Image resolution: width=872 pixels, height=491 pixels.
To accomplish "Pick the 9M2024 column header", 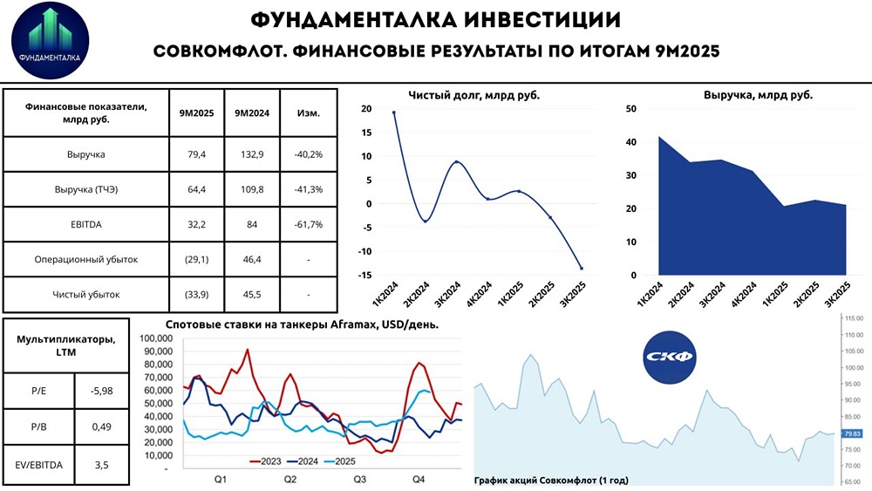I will [252, 113].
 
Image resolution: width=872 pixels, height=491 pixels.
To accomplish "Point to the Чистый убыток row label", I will [86, 294].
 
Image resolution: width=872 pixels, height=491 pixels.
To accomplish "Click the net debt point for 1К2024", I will [394, 113].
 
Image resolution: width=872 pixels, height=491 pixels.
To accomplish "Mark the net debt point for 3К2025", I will [582, 268].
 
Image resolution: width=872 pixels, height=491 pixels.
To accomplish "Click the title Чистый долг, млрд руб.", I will [473, 96].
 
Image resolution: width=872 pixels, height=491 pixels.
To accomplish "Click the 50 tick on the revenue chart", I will [631, 109].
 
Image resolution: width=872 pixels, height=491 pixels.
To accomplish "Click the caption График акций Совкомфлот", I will [551, 480].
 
